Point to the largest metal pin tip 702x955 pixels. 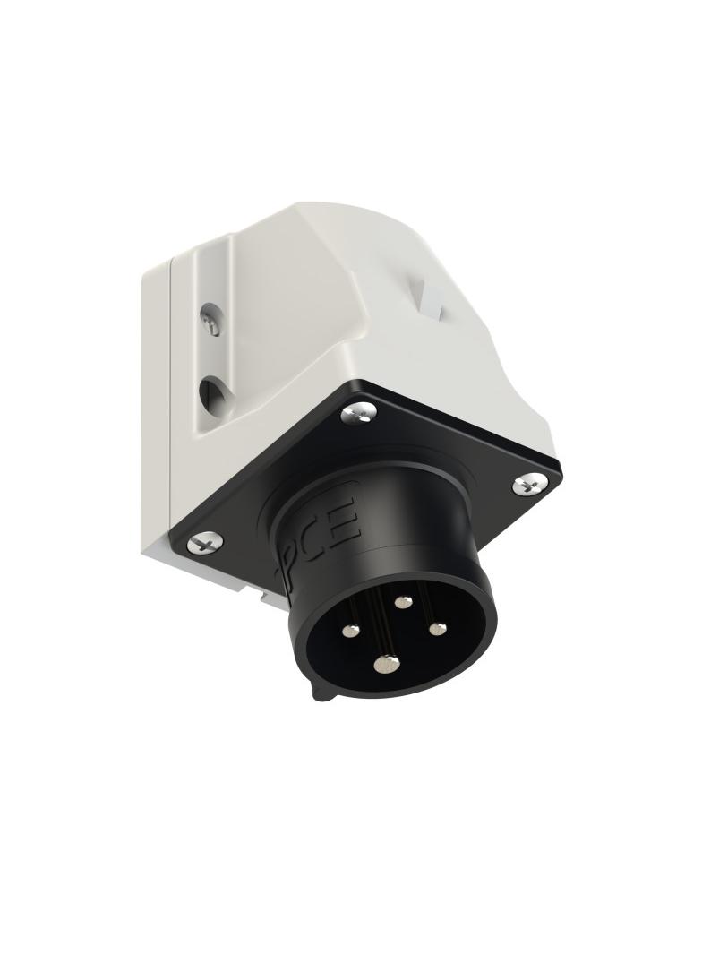coord(387,664)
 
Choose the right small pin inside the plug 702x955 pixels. coord(437,628)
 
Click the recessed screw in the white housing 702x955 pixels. coord(210,320)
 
